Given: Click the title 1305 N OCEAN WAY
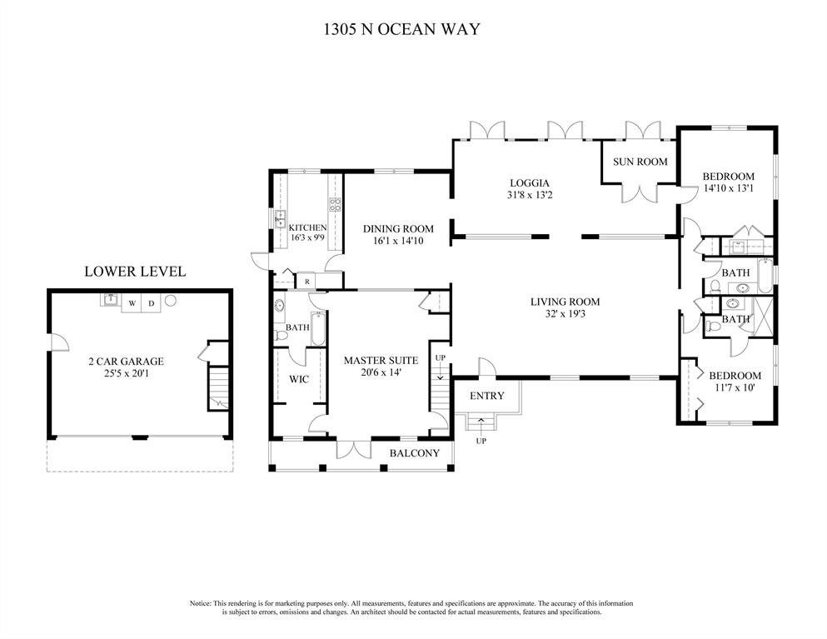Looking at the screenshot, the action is point(402,28).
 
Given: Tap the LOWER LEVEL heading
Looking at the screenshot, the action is point(135,272).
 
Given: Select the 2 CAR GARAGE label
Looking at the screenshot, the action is point(126,362).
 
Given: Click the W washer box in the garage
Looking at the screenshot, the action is point(132,303).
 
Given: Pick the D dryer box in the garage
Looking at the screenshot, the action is point(152,303).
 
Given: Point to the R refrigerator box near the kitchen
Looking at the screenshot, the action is point(307,282).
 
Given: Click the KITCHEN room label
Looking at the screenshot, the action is point(308,227).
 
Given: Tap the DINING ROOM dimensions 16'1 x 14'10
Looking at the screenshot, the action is point(398,241).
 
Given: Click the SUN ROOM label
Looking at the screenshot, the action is point(640,162).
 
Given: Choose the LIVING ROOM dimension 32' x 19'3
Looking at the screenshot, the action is point(565,314).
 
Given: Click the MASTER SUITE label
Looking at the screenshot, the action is point(381,361).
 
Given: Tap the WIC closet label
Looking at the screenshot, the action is point(299,379).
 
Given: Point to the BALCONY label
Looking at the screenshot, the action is point(415,453).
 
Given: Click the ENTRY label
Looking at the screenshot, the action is point(487,396).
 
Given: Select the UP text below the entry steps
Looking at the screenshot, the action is point(481,441).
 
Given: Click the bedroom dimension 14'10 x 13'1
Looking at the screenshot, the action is point(729,187).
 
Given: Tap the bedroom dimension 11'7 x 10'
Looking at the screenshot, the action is point(735,387).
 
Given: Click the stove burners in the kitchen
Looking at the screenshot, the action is point(335,205).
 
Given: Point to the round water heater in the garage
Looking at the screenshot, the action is point(171,301).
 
